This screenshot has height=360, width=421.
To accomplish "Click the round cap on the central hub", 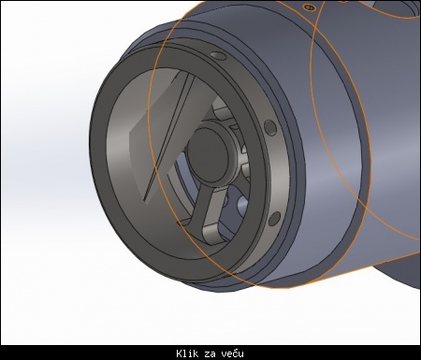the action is (209, 157).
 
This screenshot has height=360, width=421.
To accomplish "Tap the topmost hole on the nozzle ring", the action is (218, 55).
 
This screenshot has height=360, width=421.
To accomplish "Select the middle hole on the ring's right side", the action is (270, 127).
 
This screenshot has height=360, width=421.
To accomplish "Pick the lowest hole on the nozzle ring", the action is (274, 219).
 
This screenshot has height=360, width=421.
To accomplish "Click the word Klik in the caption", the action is (187, 353).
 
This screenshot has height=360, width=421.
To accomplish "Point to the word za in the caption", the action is (210, 354).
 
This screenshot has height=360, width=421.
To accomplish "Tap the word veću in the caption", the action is (233, 353).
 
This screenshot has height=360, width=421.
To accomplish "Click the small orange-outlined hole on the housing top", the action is (309, 7).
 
